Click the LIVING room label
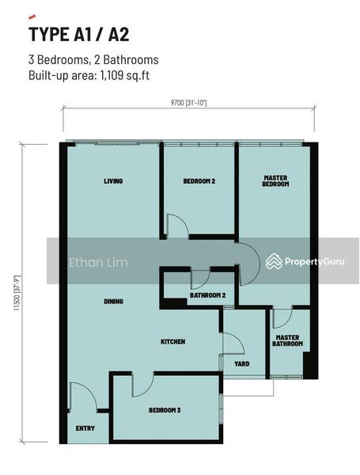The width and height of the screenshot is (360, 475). click(113, 181)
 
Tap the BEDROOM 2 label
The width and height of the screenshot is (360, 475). click(199, 181)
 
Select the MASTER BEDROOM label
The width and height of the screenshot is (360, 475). click(275, 180)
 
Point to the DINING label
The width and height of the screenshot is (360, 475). click(114, 301)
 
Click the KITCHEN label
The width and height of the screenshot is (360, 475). click(173, 341)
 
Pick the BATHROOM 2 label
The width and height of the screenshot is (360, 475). click(208, 295)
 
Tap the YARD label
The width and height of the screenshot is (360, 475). click(242, 364)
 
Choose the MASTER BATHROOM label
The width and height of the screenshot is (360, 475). click(287, 340)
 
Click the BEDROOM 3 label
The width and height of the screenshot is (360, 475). click(165, 410)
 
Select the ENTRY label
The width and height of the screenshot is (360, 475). click(85, 428)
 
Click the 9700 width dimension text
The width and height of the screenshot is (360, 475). click(188, 103)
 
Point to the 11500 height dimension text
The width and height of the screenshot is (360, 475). click(17, 293)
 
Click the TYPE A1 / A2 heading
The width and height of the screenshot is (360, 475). click(79, 34)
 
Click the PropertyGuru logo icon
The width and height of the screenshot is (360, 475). click(274, 261)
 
